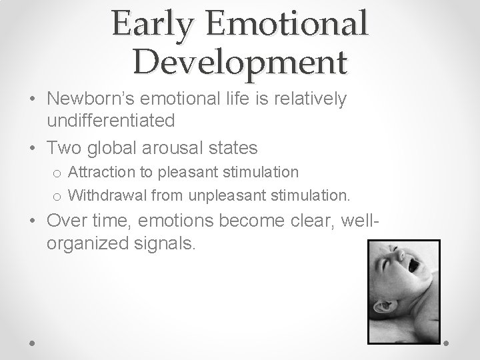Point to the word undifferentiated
point(111,121)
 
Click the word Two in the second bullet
point(62,147)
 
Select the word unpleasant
point(221,195)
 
